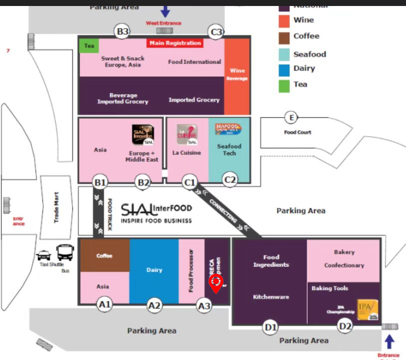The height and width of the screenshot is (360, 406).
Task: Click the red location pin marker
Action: click(x=216, y=284)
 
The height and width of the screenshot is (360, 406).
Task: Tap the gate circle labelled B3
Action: click(x=122, y=32)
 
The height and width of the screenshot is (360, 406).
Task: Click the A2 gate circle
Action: click(x=155, y=305)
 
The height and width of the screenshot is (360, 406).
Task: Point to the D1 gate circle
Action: click(x=270, y=328)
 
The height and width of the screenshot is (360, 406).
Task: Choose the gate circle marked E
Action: click(x=291, y=118)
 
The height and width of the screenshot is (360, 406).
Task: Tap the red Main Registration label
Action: click(x=175, y=43)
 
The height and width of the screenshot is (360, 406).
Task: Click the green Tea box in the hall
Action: click(x=89, y=46)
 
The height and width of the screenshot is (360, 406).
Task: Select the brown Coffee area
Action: click(x=105, y=256)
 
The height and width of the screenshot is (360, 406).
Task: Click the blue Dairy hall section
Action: click(x=154, y=270)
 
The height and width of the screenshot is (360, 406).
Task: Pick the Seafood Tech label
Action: click(x=229, y=150)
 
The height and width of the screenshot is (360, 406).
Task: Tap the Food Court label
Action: click(x=297, y=132)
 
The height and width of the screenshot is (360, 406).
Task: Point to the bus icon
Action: click(x=65, y=253)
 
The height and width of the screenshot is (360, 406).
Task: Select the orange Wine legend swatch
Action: click(x=284, y=21)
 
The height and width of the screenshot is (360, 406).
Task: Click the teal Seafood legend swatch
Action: click(x=284, y=54)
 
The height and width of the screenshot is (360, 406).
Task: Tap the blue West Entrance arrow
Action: click(x=165, y=10)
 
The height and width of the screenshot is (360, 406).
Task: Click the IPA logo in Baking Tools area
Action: click(x=368, y=310)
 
